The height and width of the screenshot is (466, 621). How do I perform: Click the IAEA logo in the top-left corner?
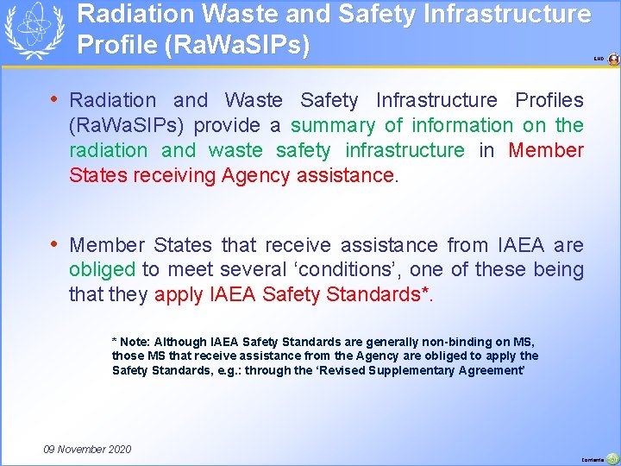click(34, 31)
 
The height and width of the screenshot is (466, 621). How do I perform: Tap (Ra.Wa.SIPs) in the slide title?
click(193, 45)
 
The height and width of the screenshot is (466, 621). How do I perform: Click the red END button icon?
click(613, 60)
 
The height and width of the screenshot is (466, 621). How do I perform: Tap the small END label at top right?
click(599, 60)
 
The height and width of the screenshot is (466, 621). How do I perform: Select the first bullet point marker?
click(54, 99)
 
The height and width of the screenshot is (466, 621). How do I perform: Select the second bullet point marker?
click(54, 244)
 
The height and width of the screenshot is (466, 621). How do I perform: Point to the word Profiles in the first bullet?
click(549, 100)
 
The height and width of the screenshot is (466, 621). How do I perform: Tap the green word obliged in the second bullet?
click(102, 270)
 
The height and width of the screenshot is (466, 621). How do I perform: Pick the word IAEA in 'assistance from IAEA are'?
click(516, 245)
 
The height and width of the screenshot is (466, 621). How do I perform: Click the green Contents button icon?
click(612, 458)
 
